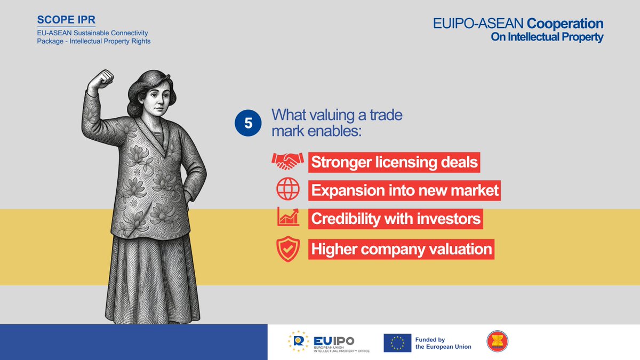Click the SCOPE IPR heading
66,20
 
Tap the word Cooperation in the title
565,24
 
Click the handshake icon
287,162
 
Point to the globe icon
287,189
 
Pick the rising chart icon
288,218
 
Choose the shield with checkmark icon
287,249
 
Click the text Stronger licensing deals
395,162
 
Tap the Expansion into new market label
405,190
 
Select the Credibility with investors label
396,219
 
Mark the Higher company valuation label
401,249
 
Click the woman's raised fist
101,81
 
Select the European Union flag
397,343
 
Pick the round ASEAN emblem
498,341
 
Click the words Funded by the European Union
443,343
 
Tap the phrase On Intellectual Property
547,37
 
